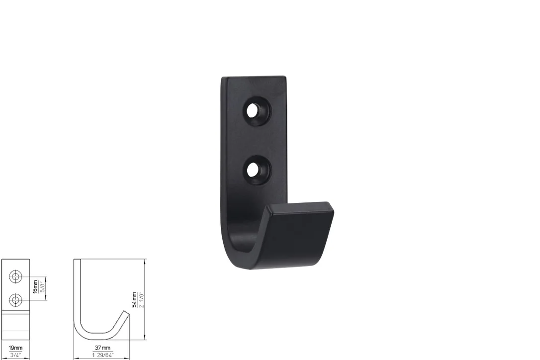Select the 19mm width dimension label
pyautogui.click(x=15, y=348)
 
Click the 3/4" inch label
pyautogui.click(x=15, y=355)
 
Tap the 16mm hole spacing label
pyautogui.click(x=35, y=286)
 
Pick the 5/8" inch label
pyautogui.click(x=42, y=286)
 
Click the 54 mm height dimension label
pyautogui.click(x=134, y=299)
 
